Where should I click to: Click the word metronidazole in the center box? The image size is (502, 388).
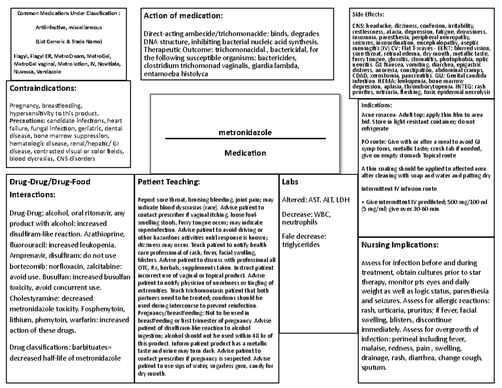click(x=245, y=132)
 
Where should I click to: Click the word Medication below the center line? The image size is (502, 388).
click(x=245, y=153)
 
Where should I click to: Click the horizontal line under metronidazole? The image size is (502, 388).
click(x=245, y=138)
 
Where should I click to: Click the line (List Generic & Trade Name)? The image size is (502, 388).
click(x=68, y=41)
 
